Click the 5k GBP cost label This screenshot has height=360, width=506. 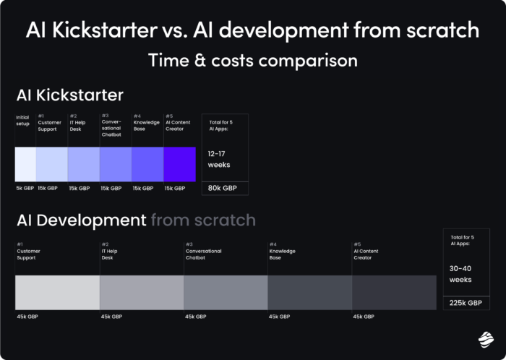coord(25,189)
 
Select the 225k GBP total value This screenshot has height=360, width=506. coord(464,303)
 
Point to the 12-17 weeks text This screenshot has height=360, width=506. coord(219,159)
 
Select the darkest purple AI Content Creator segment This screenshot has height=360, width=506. coord(180,164)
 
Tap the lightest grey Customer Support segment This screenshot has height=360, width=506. coord(57,293)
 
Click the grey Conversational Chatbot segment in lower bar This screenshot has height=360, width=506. coord(226,293)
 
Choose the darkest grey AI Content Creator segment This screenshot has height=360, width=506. coord(394,293)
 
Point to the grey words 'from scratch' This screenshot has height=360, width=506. coord(203,220)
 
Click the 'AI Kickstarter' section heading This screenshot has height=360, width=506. coord(69,95)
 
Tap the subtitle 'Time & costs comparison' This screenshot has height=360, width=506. coord(253,60)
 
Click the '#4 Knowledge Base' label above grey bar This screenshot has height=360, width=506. coord(283,252)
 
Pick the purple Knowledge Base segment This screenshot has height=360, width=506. coord(147,164)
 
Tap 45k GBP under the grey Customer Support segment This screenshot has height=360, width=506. coord(27,316)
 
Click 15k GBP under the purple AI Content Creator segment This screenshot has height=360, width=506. coord(175,189)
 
